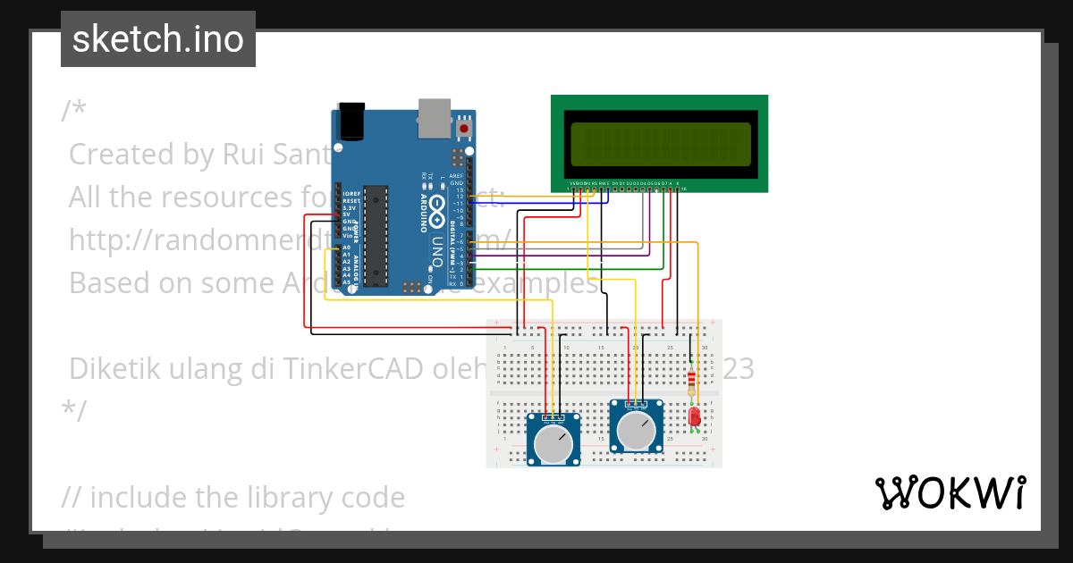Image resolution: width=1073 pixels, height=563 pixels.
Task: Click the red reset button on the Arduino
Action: click(x=463, y=130)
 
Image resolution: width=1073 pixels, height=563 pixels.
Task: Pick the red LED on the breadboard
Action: click(x=695, y=416)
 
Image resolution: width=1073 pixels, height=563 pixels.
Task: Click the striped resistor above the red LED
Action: click(x=691, y=382)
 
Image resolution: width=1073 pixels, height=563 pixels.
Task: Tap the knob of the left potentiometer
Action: click(x=553, y=443)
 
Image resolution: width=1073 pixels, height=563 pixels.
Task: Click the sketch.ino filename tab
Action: click(x=158, y=39)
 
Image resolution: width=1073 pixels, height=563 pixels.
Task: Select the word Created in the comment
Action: click(x=123, y=154)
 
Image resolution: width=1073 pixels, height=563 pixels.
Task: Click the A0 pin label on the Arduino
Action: click(x=346, y=248)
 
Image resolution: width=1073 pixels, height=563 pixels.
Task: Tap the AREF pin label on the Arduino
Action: click(x=456, y=176)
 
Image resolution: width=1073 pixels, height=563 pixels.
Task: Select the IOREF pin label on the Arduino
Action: click(x=350, y=193)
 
